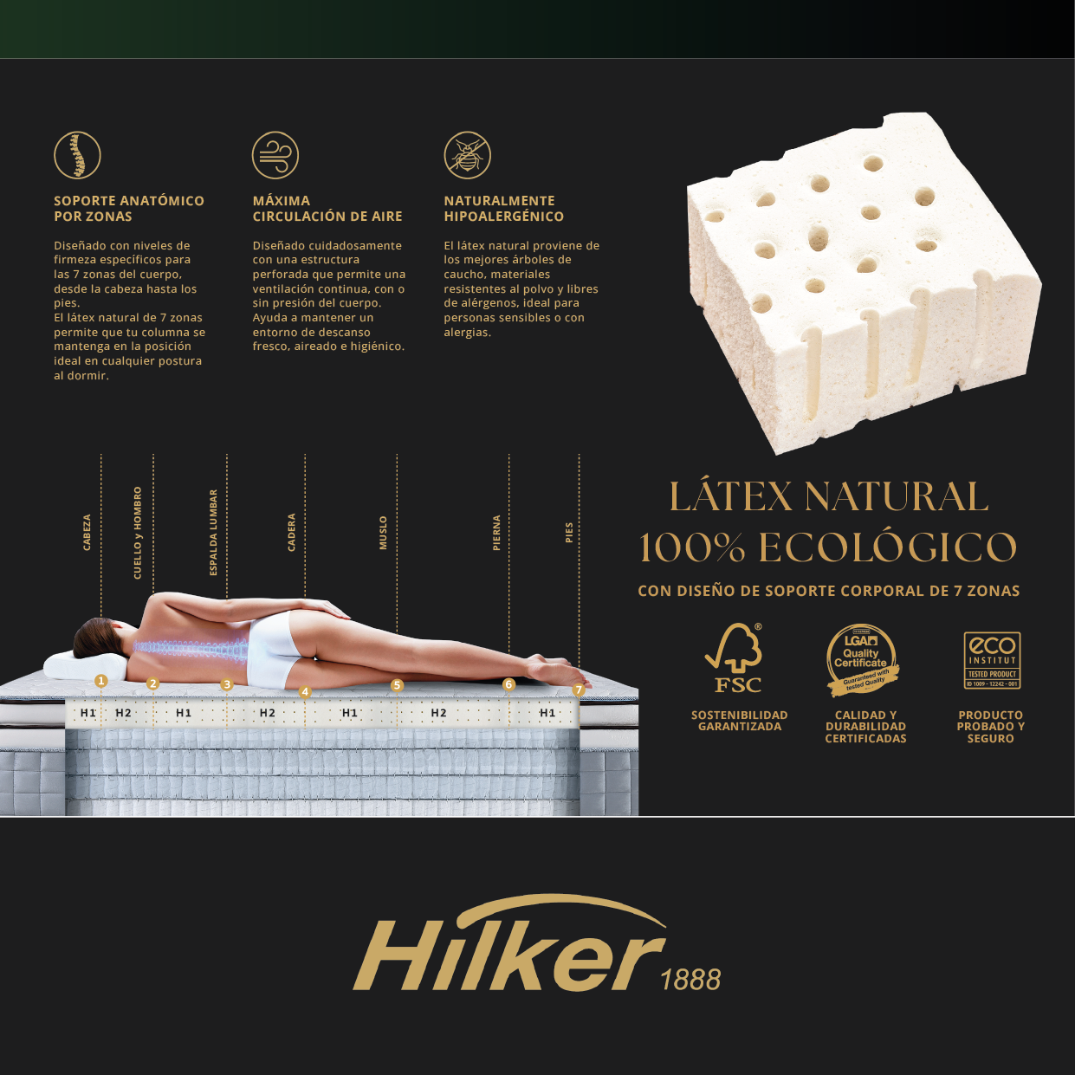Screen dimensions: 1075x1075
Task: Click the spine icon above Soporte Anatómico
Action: [78, 155]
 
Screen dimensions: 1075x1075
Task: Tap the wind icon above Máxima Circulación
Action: [275, 155]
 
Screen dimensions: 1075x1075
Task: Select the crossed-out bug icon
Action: [468, 155]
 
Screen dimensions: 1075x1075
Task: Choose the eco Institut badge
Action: [992, 660]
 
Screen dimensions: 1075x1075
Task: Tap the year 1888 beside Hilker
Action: [690, 980]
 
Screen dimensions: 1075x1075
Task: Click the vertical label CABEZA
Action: [87, 532]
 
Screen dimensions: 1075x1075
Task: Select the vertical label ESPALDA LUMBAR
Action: [213, 532]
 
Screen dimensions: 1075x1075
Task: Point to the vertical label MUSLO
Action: [383, 533]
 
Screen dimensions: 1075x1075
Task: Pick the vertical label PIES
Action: [569, 533]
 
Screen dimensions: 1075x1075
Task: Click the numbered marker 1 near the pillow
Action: [101, 681]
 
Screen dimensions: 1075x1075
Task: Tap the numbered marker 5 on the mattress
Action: [397, 685]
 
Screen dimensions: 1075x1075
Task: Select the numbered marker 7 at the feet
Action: [579, 690]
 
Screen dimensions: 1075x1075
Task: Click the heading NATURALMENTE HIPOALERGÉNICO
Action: [503, 209]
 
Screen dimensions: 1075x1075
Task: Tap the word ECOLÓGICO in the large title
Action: [888, 547]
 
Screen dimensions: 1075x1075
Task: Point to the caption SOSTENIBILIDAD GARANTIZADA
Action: [740, 721]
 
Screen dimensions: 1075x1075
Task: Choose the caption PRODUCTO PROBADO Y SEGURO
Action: [991, 727]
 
